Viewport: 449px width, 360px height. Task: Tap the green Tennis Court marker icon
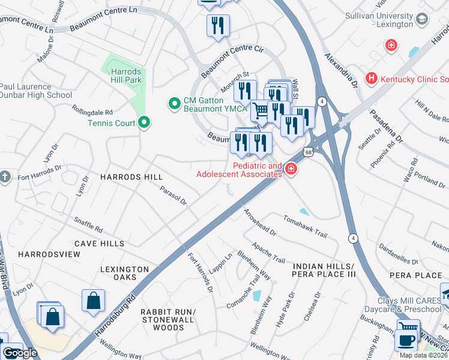[144, 123]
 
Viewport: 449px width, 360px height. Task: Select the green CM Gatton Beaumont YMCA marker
[175, 104]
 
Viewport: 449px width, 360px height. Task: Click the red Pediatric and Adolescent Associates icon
[291, 170]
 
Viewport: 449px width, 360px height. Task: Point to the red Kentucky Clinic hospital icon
[372, 79]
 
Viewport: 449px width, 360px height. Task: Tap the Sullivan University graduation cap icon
[422, 19]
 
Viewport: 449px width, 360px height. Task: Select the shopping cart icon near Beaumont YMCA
[260, 110]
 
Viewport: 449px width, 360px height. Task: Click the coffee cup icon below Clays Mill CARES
[405, 340]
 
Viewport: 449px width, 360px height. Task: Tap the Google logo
[20, 353]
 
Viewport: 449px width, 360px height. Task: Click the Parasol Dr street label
[173, 195]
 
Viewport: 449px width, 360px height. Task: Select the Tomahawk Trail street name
[305, 224]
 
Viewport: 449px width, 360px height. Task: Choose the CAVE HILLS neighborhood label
[100, 244]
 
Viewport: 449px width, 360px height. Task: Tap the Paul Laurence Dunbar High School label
[36, 91]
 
